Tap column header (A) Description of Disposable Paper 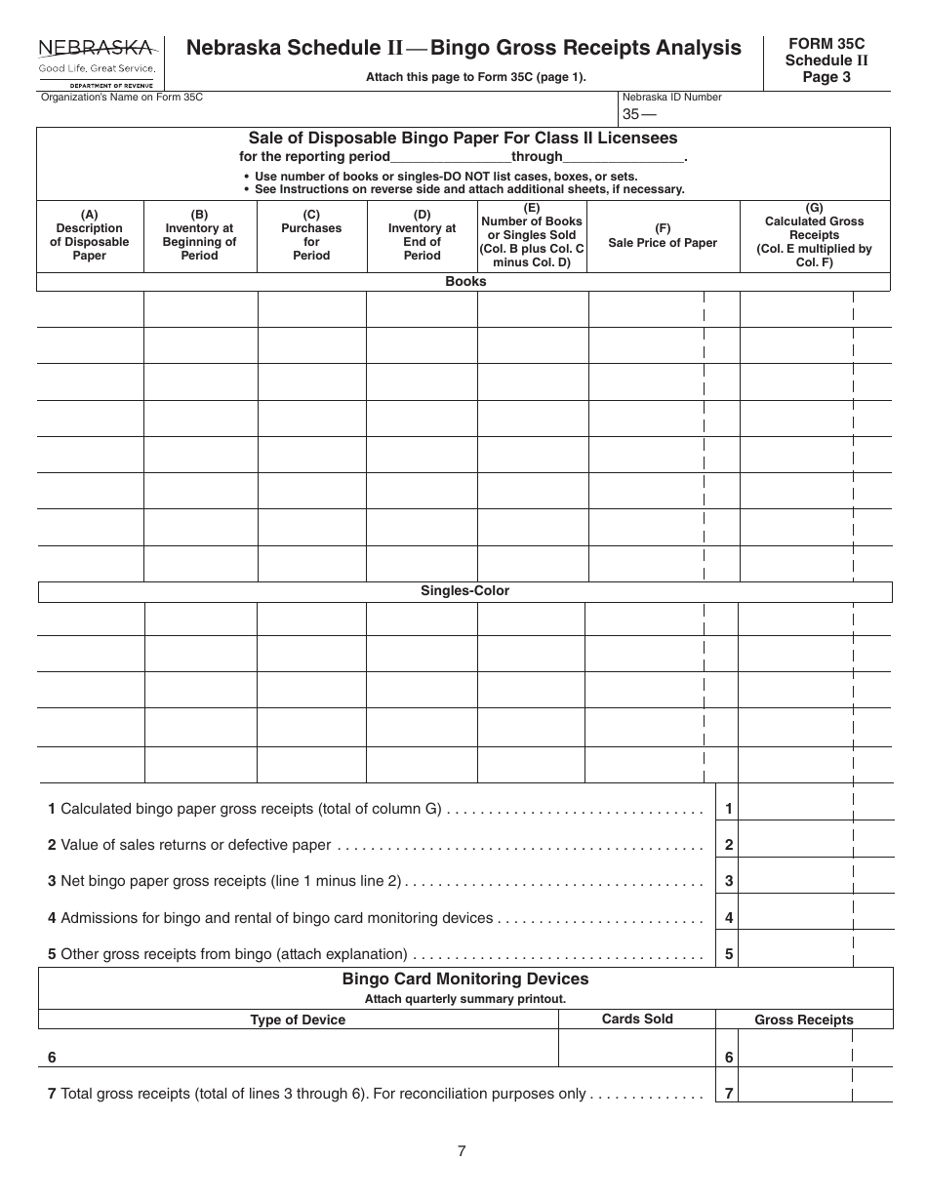[x=90, y=235]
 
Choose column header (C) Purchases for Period [x=311, y=235]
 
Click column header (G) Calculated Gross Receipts [x=815, y=235]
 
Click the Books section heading [x=464, y=282]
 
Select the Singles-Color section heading [x=464, y=591]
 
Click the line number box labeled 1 [x=728, y=808]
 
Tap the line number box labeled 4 [x=728, y=918]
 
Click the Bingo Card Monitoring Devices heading [x=464, y=979]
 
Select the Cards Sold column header [x=636, y=1019]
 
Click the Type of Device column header [x=298, y=1020]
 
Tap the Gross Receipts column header [x=804, y=1020]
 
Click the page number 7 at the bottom [x=462, y=1151]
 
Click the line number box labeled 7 [x=728, y=1095]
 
